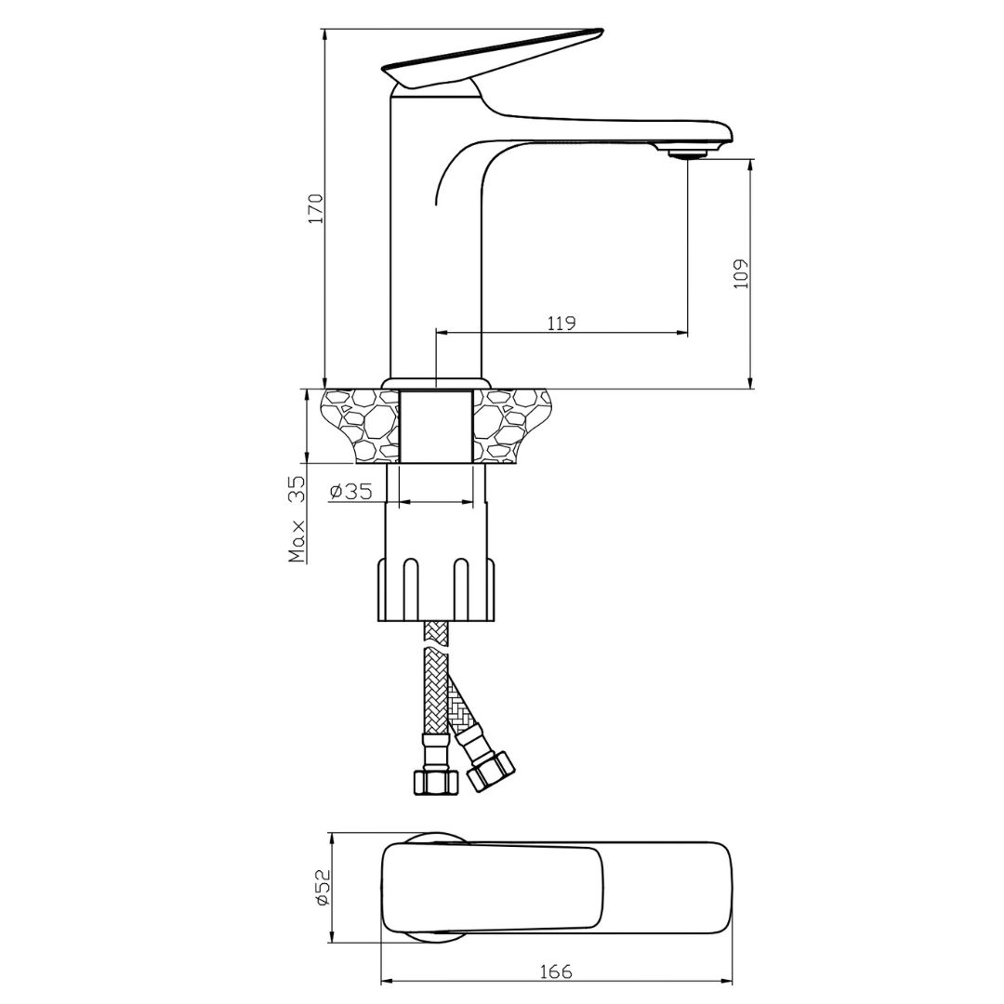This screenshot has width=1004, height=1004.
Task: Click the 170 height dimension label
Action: tap(316, 208)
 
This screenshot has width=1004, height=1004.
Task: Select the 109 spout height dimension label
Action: tap(741, 273)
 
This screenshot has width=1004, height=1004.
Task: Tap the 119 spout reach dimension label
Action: tap(561, 323)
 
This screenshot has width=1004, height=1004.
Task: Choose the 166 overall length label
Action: tap(556, 971)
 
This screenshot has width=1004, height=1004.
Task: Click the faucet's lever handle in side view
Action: tap(493, 58)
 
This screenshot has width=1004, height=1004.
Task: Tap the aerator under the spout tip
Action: tap(687, 153)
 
